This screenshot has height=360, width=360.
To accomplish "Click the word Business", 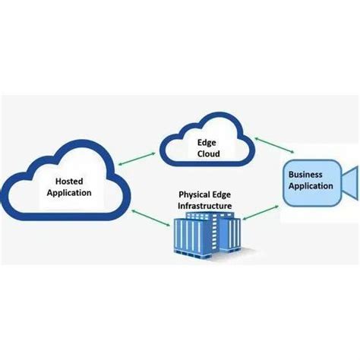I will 306,175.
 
